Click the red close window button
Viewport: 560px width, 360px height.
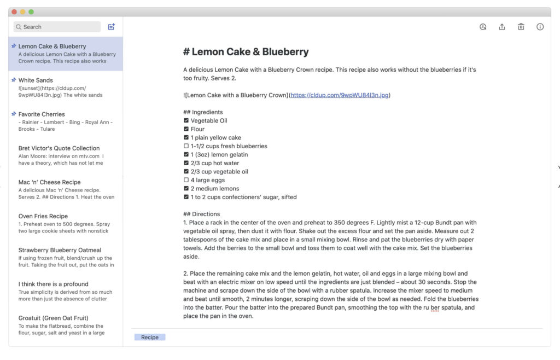pos(14,11)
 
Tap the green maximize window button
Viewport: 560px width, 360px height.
pos(31,11)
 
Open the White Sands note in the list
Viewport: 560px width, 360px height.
pos(36,80)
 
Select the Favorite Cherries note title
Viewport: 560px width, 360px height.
pos(42,114)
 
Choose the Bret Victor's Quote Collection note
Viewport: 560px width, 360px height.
pos(59,148)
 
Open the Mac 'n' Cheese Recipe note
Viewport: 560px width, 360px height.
pos(49,182)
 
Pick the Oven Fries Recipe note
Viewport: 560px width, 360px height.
pos(43,216)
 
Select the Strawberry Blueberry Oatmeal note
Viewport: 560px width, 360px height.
pos(60,250)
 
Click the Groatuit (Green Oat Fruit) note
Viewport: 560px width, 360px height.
pos(53,318)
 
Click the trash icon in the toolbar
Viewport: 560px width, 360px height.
pos(521,27)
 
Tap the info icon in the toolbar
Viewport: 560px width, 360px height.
pos(540,27)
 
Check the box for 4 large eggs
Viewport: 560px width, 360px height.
pos(186,180)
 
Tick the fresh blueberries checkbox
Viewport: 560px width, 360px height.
pos(186,146)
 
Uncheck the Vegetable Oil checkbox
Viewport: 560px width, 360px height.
pos(186,121)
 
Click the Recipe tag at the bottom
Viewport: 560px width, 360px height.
pos(150,338)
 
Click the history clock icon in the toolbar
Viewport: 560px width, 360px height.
pos(483,27)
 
